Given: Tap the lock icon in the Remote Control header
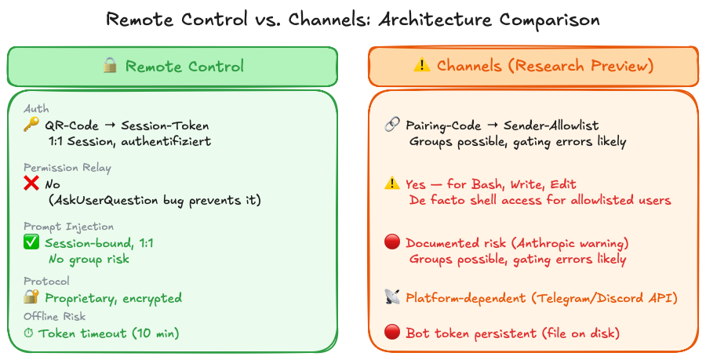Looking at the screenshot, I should click(x=110, y=67).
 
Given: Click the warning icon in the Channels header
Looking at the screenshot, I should click(x=422, y=67).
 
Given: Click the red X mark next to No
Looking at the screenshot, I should click(x=31, y=184).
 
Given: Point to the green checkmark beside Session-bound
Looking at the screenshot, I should click(x=31, y=243).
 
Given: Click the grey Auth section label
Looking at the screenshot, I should click(x=36, y=109).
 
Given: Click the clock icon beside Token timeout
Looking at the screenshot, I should click(x=30, y=333).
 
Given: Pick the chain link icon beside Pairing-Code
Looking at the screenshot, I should click(x=392, y=125).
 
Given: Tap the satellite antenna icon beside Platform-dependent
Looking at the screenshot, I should click(x=392, y=297).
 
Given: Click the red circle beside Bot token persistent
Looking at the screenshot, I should click(x=392, y=333).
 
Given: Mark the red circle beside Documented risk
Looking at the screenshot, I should click(x=392, y=243).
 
